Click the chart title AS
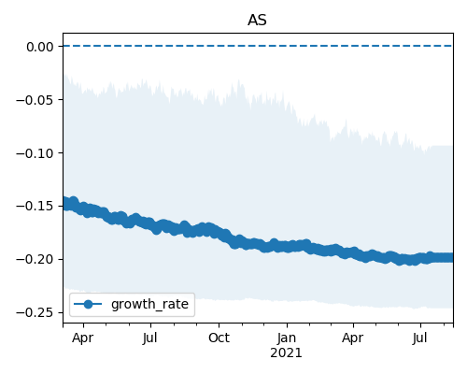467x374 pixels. coord(257,21)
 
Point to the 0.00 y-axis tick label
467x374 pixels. coord(40,47)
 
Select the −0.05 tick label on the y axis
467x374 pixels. coord(35,100)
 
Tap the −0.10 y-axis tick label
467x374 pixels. coord(35,153)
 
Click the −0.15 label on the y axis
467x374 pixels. coord(35,207)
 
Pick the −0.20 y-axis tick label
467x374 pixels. coord(35,260)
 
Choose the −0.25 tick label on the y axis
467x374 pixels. coord(35,312)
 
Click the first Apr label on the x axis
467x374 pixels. coord(83,338)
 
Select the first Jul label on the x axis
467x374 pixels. coord(150,338)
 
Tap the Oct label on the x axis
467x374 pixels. coord(219,338)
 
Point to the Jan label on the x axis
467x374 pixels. coord(287,338)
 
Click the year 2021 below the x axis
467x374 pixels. coord(286,353)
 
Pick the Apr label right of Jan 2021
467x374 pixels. coord(353,338)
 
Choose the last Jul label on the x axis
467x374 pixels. coord(420,338)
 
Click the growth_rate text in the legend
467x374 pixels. coord(149,305)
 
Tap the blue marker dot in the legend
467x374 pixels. coord(88,304)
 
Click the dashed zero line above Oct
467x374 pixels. coord(219,46)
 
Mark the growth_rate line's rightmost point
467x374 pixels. coord(452,257)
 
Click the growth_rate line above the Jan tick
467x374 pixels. coord(287,247)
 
